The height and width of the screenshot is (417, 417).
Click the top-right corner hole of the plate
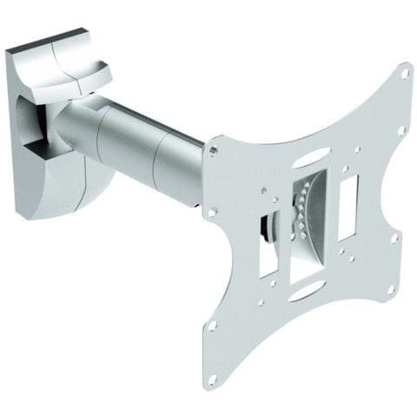tap(404, 75)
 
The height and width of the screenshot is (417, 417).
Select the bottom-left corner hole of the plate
tap(210, 328)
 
